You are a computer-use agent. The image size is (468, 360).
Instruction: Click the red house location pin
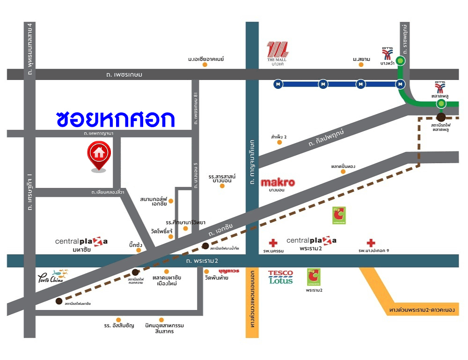coord(98,155)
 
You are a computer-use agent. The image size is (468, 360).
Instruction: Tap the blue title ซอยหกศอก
coord(115,119)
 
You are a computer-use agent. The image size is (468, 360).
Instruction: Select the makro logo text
coord(278,182)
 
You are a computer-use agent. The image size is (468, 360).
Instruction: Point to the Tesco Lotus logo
coord(280,277)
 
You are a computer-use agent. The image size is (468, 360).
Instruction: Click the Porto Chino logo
coord(52,276)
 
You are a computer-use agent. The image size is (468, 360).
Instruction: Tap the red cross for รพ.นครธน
coord(273,243)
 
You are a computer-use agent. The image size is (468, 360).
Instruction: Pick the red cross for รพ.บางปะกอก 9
coord(371,243)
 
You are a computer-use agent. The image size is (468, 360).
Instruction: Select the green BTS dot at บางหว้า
coord(400,60)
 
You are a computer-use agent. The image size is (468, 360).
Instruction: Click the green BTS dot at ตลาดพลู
coord(440,103)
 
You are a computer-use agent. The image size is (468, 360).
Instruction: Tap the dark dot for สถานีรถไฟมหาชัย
coord(59,301)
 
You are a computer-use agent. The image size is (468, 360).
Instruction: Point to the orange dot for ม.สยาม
coord(361,65)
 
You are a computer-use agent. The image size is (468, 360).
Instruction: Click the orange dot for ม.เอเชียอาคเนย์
coord(205,65)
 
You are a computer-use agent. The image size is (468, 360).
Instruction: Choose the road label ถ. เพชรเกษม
coord(124,74)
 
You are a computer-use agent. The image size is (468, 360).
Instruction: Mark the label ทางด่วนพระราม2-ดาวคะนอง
coord(424,310)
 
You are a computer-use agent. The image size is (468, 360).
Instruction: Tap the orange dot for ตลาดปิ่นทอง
coord(343,172)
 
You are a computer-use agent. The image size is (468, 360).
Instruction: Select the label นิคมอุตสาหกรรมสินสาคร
coord(160,328)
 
